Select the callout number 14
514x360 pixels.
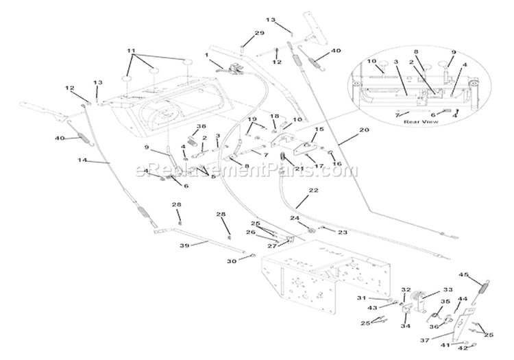click(x=83, y=161)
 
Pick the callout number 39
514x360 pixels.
click(x=164, y=245)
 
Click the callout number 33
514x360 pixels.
click(x=429, y=290)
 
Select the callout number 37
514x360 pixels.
click(x=425, y=339)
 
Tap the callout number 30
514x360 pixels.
click(x=231, y=261)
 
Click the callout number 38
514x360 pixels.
click(x=182, y=127)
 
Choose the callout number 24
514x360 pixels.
click(x=295, y=219)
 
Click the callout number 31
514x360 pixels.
click(x=362, y=298)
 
